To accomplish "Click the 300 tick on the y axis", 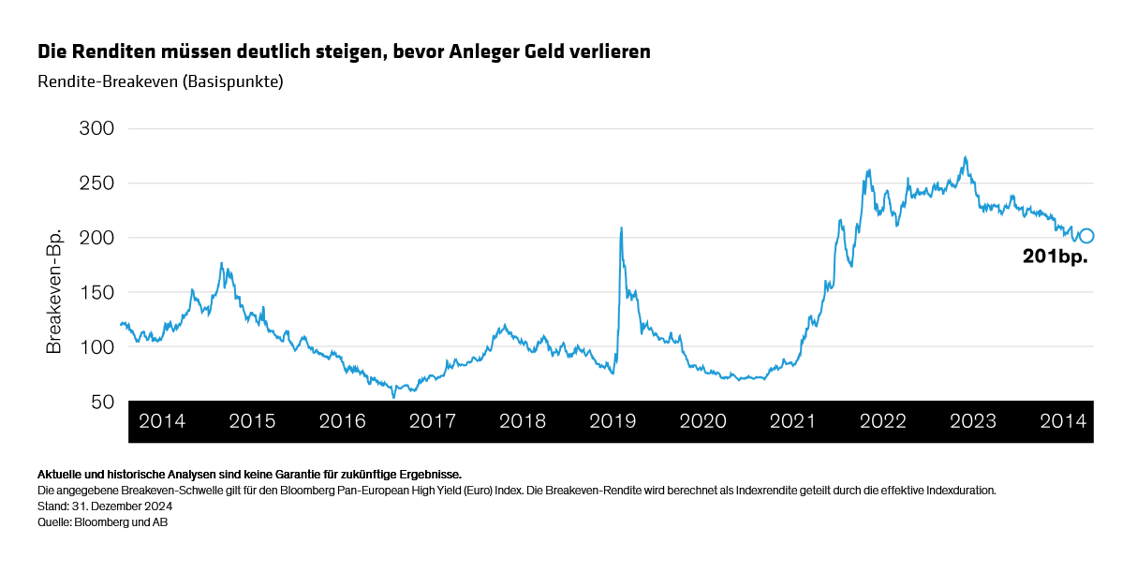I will tap(94, 128).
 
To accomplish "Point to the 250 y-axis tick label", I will tap(94, 183).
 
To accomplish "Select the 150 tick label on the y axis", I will tap(94, 292).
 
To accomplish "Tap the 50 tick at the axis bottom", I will tap(100, 402).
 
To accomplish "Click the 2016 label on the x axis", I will tap(342, 421).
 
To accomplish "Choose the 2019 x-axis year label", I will tap(613, 421).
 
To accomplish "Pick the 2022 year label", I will tap(883, 421).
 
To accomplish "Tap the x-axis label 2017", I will tap(433, 421).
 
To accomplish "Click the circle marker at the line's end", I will tap(1086, 236).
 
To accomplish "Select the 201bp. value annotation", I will tap(1055, 257).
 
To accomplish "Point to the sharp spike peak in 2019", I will tap(621, 227).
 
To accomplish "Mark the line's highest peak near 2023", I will tap(965, 157).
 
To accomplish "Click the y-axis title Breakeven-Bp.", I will tap(54, 292).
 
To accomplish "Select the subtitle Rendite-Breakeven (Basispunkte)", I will tap(160, 81).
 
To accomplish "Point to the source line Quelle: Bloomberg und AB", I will tap(102, 521).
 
